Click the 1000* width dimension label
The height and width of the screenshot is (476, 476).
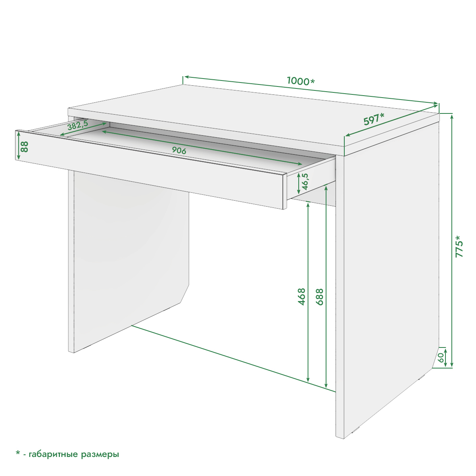[x=301, y=81]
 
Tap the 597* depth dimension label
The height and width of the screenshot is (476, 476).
[x=374, y=119]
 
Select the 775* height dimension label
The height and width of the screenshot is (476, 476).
[x=459, y=246]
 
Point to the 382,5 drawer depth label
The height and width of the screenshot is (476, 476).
[x=78, y=125]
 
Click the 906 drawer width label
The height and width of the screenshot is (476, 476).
[x=179, y=150]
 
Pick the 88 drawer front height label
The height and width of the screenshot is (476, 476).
[x=25, y=147]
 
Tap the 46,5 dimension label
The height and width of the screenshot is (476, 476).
[x=305, y=182]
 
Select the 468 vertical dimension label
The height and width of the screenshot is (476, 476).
[x=301, y=297]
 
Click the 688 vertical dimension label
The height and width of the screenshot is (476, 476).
[x=319, y=297]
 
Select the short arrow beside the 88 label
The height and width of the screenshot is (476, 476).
[x=19, y=145]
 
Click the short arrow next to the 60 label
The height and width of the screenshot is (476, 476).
[x=445, y=357]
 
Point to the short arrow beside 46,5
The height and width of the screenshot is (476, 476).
[x=299, y=184]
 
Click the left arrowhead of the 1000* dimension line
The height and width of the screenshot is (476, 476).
[x=187, y=77]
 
